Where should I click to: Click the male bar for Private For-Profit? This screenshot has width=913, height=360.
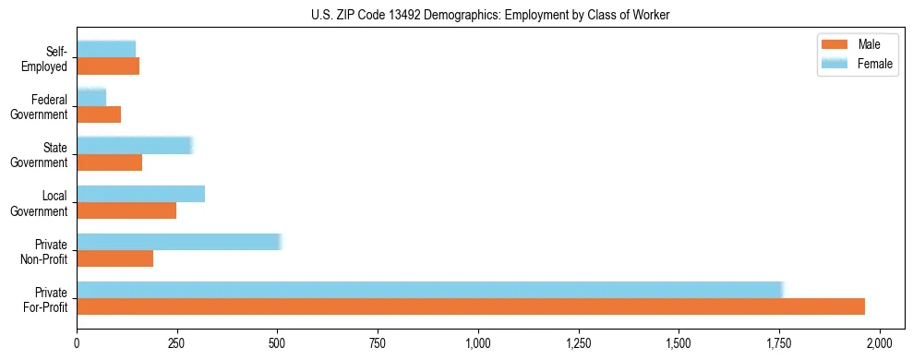point(471,306)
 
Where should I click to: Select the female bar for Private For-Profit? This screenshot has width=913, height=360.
point(429,290)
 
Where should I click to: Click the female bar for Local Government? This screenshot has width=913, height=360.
point(140,194)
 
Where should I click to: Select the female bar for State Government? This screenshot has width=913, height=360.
point(134,146)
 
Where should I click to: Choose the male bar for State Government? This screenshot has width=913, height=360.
point(110,162)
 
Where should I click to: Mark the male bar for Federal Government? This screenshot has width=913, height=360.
point(99,114)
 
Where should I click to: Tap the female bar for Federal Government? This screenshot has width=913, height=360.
point(91,97)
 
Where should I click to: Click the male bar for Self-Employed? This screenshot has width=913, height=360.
point(108,66)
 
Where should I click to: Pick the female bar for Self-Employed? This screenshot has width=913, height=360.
point(106,49)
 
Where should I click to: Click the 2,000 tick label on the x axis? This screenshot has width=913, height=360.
point(880,343)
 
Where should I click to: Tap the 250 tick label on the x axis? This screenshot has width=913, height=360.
point(177,343)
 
